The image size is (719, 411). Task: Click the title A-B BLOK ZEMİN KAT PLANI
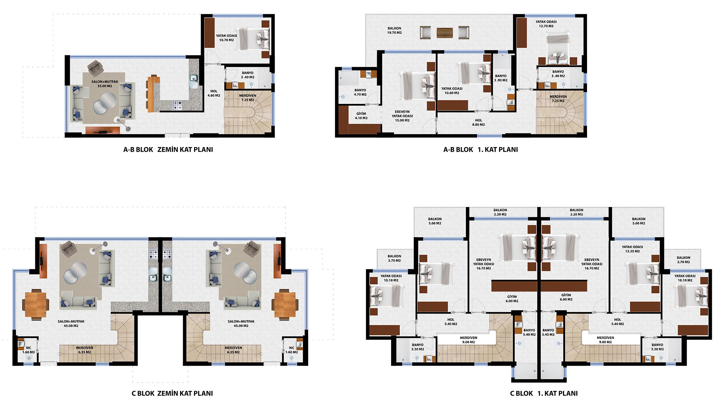(168, 150)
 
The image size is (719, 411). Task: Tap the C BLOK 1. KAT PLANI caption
(544, 393)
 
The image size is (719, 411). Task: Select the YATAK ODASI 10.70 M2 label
(226, 38)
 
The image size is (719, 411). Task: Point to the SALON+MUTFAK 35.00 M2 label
(105, 84)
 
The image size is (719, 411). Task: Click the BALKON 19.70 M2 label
(394, 30)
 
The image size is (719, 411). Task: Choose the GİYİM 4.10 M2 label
(361, 116)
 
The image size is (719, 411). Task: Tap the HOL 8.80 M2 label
(478, 123)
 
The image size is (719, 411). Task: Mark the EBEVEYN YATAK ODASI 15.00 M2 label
(402, 116)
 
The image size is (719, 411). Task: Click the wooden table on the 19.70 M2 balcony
(445, 33)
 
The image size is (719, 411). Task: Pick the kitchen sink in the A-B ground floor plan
(194, 78)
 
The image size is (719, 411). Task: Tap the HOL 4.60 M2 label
(214, 93)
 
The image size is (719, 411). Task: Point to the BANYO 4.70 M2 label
(360, 92)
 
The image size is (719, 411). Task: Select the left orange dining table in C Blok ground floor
(36, 304)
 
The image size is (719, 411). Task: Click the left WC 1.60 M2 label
(28, 350)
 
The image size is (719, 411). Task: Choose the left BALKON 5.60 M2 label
(435, 221)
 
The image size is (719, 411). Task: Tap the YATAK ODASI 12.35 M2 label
(632, 249)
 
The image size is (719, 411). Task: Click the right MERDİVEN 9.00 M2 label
(605, 340)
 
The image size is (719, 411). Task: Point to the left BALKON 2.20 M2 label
(500, 212)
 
